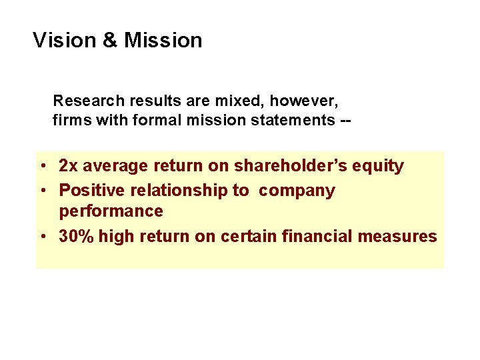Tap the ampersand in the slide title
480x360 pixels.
click(110, 41)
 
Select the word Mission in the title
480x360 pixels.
click(163, 41)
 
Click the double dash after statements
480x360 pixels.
click(345, 121)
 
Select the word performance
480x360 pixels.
click(111, 211)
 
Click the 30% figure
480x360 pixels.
click(76, 236)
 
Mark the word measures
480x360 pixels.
click(403, 236)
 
